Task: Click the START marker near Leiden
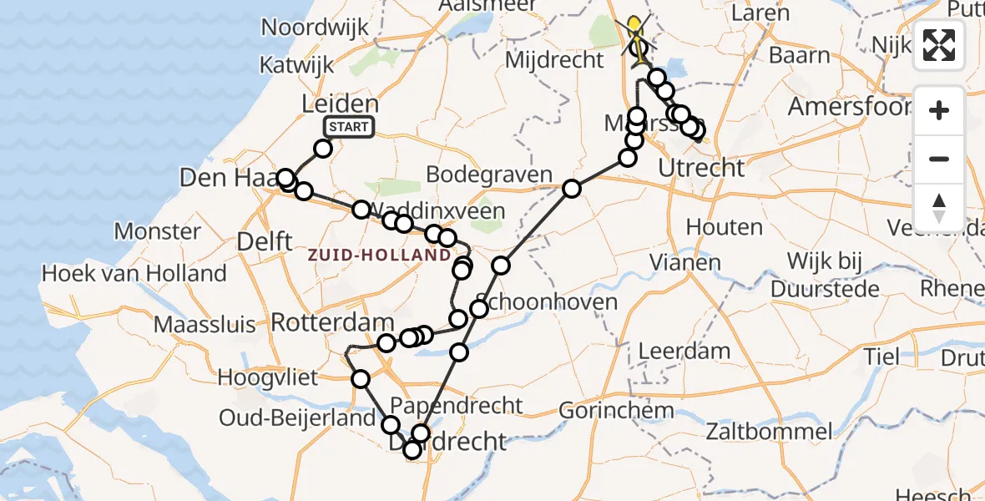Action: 349,127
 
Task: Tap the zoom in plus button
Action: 939,111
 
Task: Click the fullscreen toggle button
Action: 939,45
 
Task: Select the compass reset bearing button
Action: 939,207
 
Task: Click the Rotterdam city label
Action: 332,322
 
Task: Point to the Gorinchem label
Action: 616,410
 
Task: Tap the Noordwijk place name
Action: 315,27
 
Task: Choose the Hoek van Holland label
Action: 134,273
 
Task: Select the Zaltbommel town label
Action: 769,432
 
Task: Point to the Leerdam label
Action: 684,351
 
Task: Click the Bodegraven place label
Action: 488,175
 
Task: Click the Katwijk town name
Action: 296,64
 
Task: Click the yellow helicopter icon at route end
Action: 637,31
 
